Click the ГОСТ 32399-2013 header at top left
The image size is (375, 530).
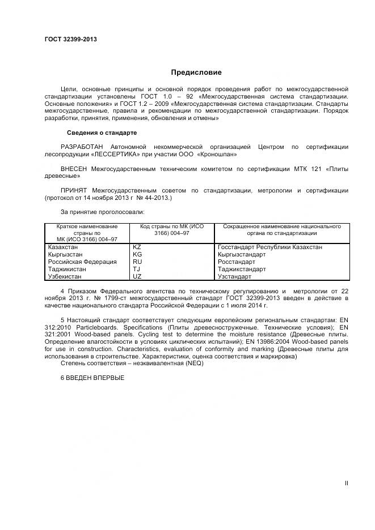(70, 39)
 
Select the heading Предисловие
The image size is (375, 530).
(196, 72)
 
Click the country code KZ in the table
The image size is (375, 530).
(137, 247)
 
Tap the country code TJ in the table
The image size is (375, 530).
(136, 270)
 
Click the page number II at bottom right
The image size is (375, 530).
(346, 483)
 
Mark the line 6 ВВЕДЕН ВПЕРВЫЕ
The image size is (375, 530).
(92, 378)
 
